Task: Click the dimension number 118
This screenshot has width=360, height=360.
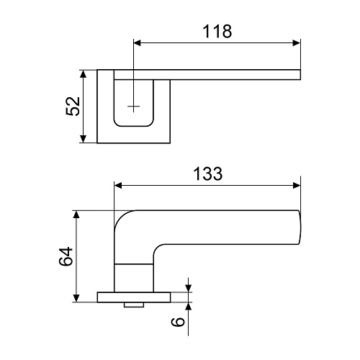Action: (x=217, y=32)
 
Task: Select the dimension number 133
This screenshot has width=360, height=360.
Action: (x=208, y=174)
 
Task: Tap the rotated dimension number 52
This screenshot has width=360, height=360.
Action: (x=73, y=107)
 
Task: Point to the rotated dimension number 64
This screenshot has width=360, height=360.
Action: (x=66, y=256)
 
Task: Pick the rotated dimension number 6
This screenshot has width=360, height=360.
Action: (x=178, y=322)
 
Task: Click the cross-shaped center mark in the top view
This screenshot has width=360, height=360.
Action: (x=133, y=106)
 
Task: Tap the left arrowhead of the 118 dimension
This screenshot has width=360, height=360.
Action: (x=138, y=43)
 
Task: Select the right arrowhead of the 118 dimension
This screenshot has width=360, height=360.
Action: (x=297, y=43)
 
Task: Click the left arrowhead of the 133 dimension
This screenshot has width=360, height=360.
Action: (x=118, y=186)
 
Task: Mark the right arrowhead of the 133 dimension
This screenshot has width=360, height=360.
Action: (x=297, y=186)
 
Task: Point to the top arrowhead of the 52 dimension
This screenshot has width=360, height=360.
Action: (x=83, y=74)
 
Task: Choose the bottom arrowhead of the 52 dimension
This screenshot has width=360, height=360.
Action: (x=83, y=139)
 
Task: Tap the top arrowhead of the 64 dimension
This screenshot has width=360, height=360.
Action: (x=76, y=215)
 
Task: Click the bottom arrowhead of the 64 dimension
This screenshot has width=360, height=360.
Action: (x=76, y=298)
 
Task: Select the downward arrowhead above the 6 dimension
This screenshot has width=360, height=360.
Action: (x=189, y=289)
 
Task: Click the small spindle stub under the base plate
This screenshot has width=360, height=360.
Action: (x=134, y=305)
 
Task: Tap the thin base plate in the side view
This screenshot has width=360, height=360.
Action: (x=134, y=297)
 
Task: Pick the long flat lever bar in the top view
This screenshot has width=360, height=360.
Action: (x=207, y=75)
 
